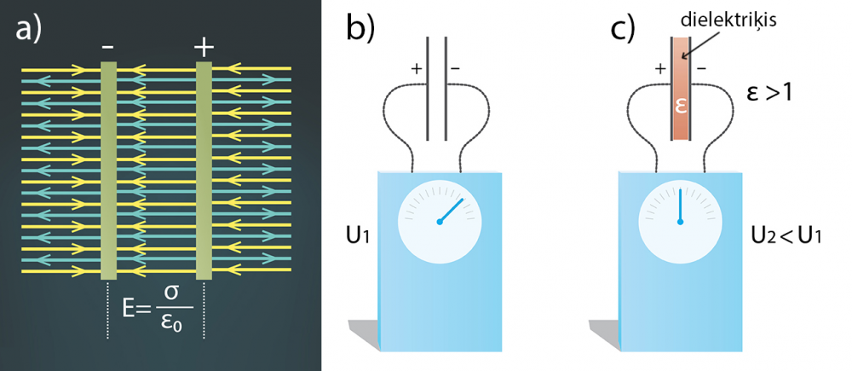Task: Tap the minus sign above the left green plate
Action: pyautogui.click(x=108, y=48)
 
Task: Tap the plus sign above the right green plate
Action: pyautogui.click(x=204, y=48)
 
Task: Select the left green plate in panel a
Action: pyautogui.click(x=108, y=171)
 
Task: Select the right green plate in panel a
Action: pyautogui.click(x=204, y=171)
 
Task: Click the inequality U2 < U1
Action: pyautogui.click(x=786, y=234)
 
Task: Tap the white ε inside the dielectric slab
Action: pyautogui.click(x=682, y=107)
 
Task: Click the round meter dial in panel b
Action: pyautogui.click(x=439, y=220)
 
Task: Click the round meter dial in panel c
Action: pyautogui.click(x=681, y=220)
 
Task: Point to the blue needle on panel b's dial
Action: pyautogui.click(x=452, y=210)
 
